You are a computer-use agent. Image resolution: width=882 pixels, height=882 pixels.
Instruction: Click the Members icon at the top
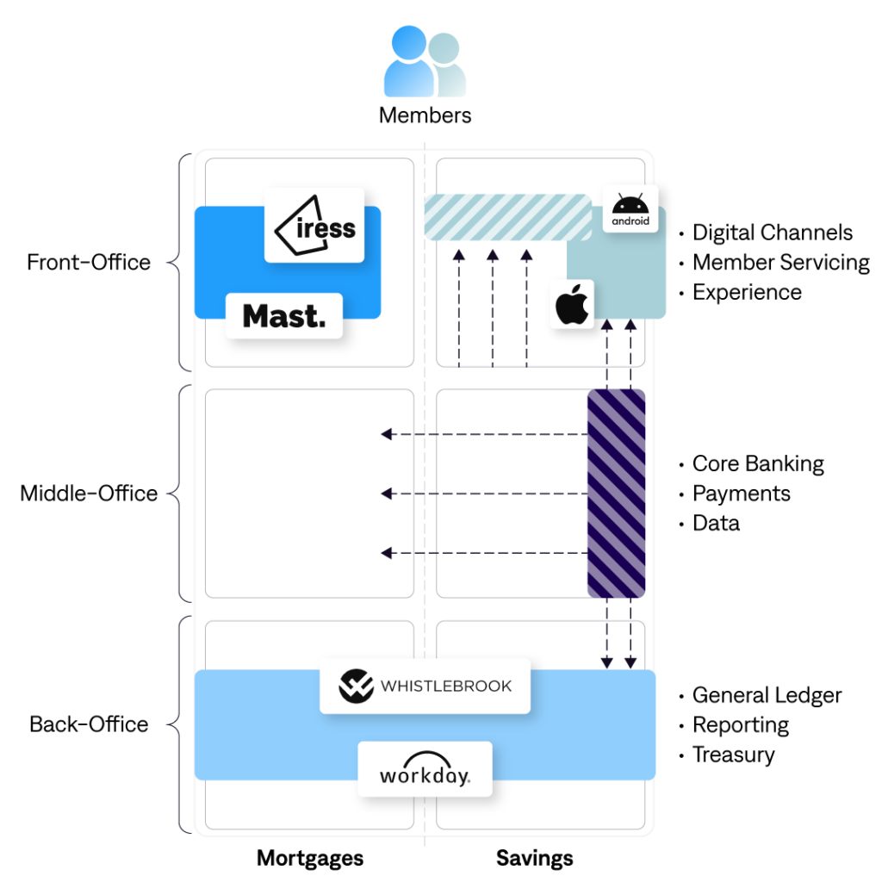coord(425,63)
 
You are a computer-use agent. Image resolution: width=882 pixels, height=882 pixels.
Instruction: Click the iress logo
coord(315,225)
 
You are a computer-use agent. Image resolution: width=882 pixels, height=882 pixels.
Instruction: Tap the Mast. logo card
coord(284,315)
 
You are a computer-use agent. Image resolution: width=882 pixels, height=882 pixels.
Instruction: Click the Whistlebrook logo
coord(425,686)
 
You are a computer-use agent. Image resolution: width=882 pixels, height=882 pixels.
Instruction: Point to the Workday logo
coord(425,768)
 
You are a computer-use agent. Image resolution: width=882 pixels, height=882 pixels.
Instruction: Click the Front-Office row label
coord(89,262)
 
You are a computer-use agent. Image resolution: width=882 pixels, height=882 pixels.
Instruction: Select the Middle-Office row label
coord(89,494)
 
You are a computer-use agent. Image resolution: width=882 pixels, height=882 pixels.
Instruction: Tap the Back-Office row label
coord(89,724)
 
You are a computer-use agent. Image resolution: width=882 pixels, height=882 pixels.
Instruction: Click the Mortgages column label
coord(310,858)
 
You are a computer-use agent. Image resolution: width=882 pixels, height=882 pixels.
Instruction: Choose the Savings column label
coord(534,858)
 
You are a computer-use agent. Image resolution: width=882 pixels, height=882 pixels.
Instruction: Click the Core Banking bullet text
coord(758,464)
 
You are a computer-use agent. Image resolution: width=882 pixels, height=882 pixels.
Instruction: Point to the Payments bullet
coord(741,494)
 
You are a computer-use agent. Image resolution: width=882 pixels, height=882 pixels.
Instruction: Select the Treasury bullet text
coord(733,755)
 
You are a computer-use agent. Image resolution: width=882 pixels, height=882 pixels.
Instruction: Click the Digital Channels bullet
coord(773,233)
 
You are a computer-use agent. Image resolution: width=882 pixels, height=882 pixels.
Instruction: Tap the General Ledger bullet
coord(767,695)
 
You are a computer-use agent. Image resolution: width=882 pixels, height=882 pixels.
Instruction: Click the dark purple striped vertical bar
coord(616,494)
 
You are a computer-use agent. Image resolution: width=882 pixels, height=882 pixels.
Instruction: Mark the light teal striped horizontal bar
coord(508,217)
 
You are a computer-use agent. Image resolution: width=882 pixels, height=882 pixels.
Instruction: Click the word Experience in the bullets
coord(747,292)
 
